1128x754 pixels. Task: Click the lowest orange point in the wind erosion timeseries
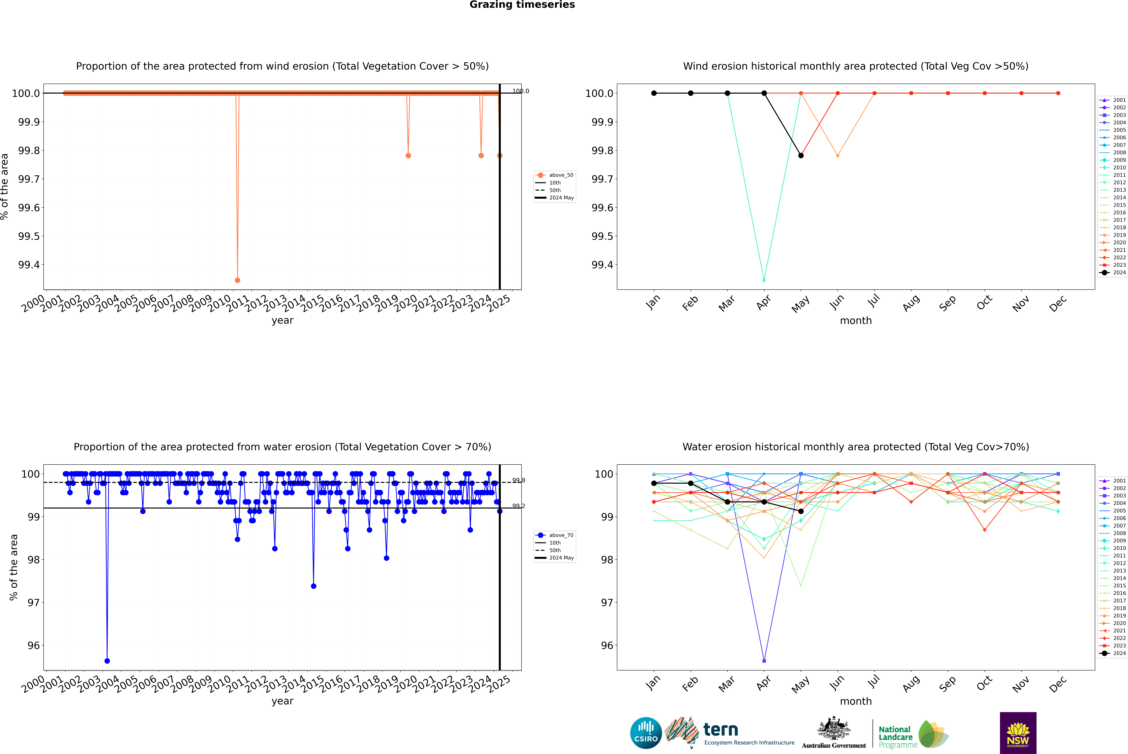tap(238, 280)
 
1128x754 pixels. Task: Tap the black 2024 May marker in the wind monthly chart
tap(801, 155)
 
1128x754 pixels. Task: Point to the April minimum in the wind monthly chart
tap(764, 280)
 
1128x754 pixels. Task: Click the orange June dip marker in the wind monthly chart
tap(838, 155)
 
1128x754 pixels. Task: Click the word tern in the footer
tap(720, 730)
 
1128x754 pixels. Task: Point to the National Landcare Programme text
tap(895, 737)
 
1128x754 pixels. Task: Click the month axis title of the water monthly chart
tap(855, 701)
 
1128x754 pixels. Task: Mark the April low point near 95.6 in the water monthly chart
tap(764, 661)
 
